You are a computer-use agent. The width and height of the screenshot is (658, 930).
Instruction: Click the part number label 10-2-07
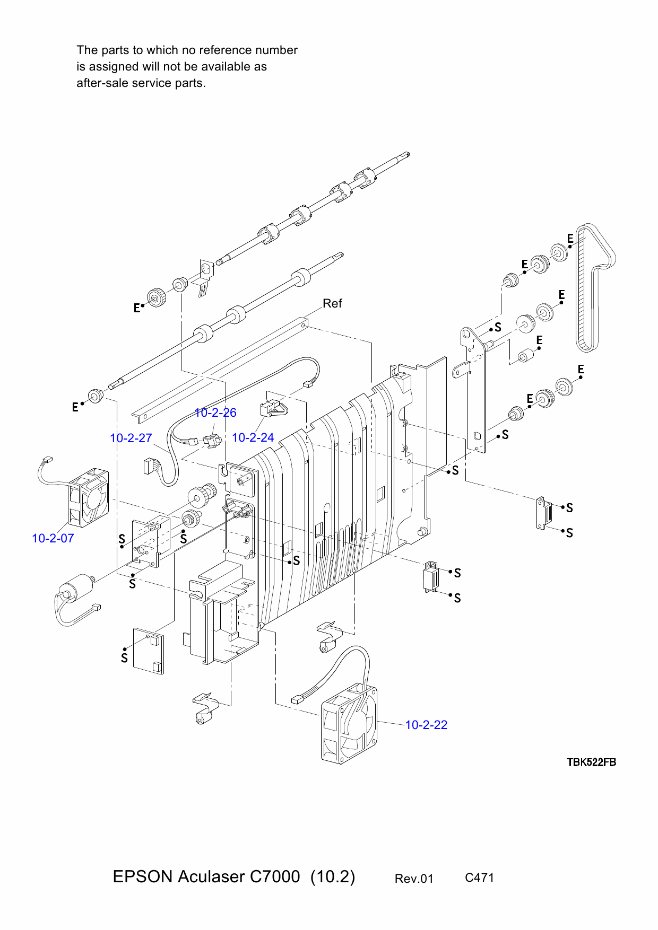pyautogui.click(x=53, y=538)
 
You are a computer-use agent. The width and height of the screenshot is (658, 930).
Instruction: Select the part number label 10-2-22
pyautogui.click(x=426, y=725)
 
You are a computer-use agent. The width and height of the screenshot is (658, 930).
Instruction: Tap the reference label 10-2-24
pyautogui.click(x=253, y=437)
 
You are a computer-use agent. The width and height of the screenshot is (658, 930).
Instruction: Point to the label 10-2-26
pyautogui.click(x=215, y=413)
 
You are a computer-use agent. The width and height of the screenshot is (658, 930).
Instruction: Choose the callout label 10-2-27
pyautogui.click(x=131, y=438)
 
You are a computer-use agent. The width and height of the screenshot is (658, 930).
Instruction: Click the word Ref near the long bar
pyautogui.click(x=332, y=303)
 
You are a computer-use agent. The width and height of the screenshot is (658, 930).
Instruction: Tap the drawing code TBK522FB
pyautogui.click(x=591, y=762)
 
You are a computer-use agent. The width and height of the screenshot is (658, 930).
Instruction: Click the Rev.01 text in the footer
pyautogui.click(x=414, y=879)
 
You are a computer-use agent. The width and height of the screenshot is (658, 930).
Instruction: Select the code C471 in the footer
pyautogui.click(x=479, y=878)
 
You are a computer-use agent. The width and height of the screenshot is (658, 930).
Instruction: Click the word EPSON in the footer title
pyautogui.click(x=142, y=876)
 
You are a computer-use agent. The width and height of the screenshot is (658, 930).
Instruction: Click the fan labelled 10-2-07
pyautogui.click(x=88, y=498)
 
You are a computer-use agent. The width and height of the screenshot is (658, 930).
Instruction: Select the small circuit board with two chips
pyautogui.click(x=149, y=651)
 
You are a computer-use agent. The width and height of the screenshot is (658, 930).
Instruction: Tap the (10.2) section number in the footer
pyautogui.click(x=332, y=876)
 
